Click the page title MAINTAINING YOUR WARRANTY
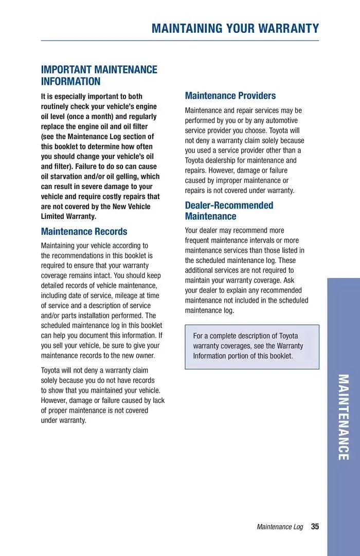[235, 28]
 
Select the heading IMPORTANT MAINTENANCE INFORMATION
[99, 76]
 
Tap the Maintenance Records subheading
[84, 232]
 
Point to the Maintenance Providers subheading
[230, 96]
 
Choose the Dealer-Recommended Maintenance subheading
[229, 211]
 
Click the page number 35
[315, 527]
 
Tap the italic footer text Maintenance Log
[280, 527]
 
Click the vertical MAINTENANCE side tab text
[343, 417]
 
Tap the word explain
[232, 290]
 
